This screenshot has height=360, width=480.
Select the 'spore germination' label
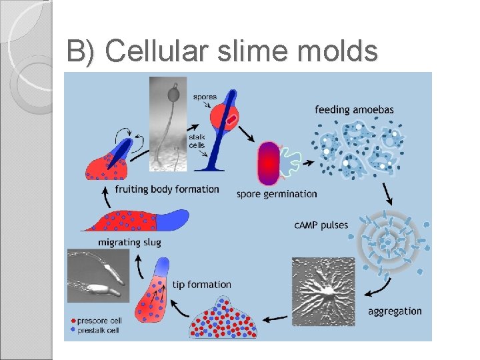[277, 194]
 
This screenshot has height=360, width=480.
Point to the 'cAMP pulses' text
[321, 225]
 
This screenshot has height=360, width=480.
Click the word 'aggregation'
[395, 311]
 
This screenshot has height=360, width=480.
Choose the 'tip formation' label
[202, 285]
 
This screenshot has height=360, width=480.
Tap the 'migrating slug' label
[129, 242]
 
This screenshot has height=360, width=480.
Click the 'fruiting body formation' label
[167, 189]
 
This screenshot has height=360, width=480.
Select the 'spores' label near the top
[205, 97]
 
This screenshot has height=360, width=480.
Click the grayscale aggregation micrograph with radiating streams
[323, 291]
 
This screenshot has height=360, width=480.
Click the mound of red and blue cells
[223, 317]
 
